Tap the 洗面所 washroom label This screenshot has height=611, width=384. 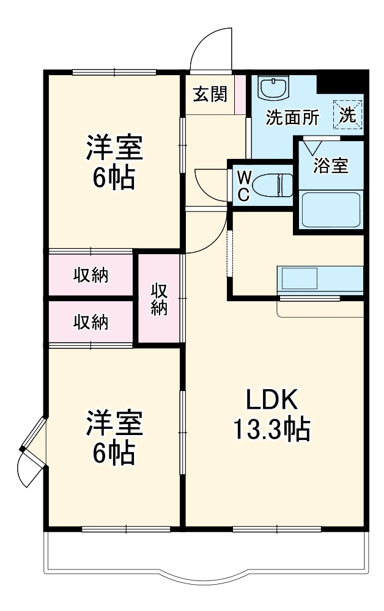[x=292, y=117]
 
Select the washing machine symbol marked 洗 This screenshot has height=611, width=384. [x=348, y=114]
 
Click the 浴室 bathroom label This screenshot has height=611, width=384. [x=331, y=165]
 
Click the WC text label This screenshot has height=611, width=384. [x=243, y=185]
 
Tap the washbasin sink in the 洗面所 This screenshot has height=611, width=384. [x=271, y=87]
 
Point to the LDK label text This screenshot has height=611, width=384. [x=271, y=401]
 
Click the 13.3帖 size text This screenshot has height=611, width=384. [x=271, y=430]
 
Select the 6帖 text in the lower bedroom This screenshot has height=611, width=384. [x=114, y=453]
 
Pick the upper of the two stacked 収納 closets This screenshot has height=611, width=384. [x=91, y=276]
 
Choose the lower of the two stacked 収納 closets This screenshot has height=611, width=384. [x=91, y=323]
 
